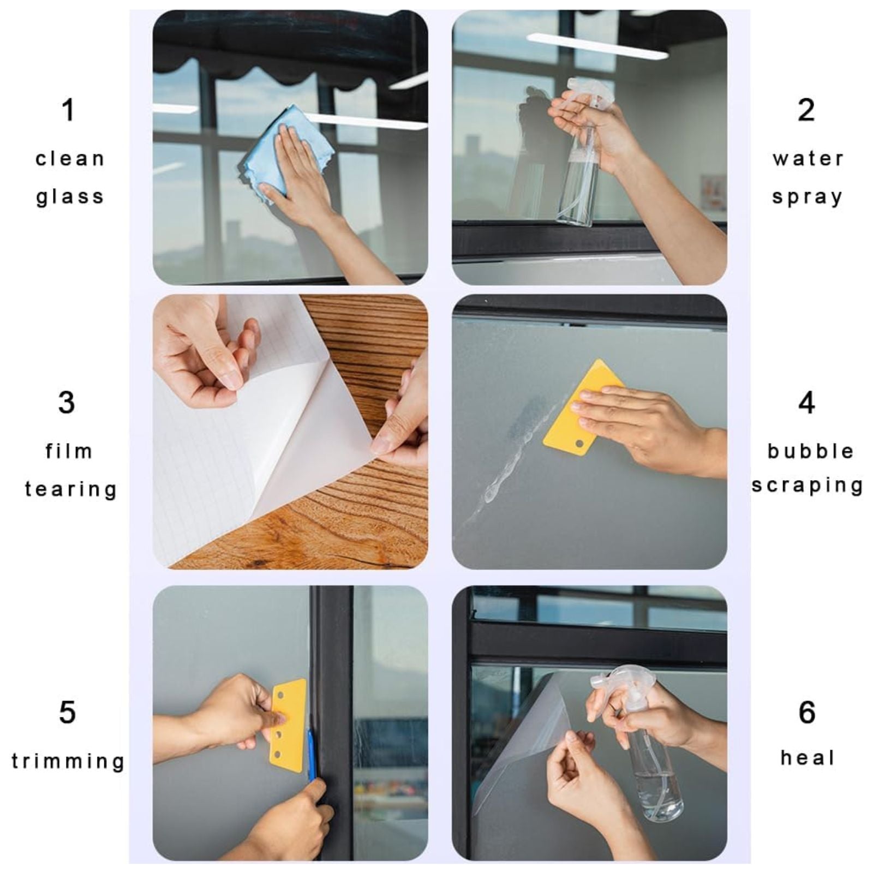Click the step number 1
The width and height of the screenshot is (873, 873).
(x=68, y=110)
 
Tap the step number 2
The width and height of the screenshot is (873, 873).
(x=806, y=110)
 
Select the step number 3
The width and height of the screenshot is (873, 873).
(x=67, y=403)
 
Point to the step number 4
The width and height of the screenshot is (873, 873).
(x=806, y=403)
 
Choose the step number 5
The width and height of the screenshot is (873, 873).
(x=67, y=712)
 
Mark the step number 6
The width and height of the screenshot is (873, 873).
(x=807, y=712)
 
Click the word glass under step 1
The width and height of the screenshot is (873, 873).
(x=70, y=197)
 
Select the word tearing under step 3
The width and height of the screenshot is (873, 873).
(x=71, y=489)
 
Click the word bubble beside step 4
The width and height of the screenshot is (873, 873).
(x=810, y=451)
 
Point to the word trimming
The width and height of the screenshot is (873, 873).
(x=68, y=761)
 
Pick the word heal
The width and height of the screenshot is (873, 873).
(x=808, y=757)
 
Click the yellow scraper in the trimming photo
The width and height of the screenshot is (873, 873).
(x=288, y=725)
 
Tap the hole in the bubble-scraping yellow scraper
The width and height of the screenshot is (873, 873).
(x=579, y=443)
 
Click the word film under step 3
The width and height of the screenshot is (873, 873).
(x=69, y=451)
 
